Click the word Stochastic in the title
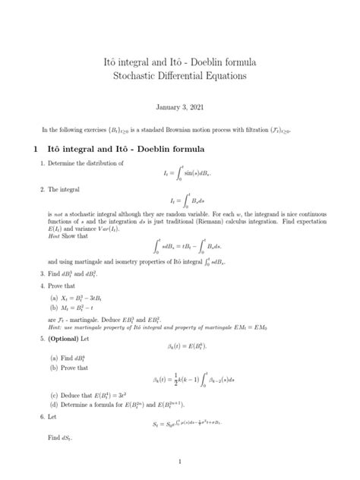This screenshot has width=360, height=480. [136, 77]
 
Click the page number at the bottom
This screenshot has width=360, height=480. [180, 461]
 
